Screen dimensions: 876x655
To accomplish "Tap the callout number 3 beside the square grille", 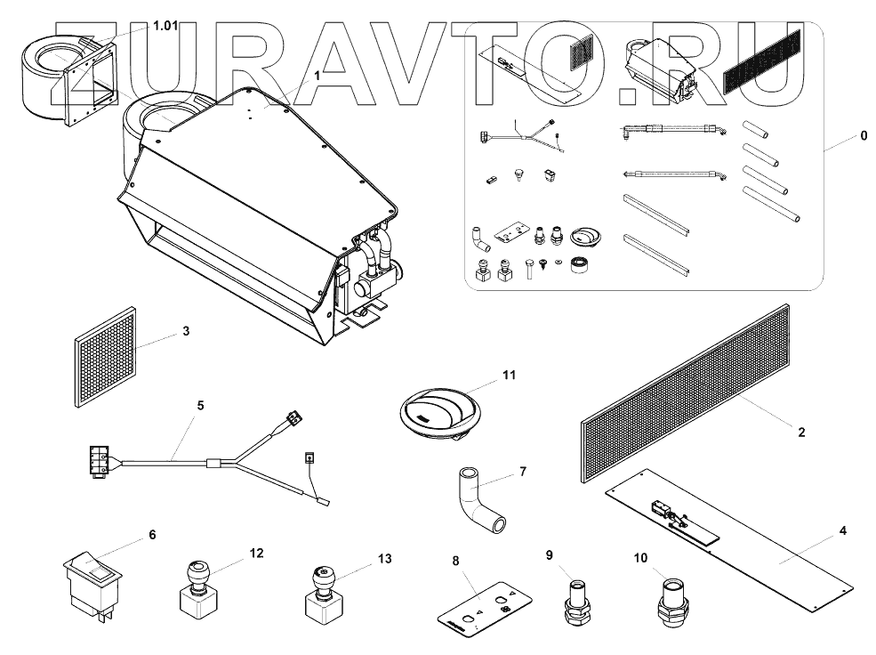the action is point(186,331).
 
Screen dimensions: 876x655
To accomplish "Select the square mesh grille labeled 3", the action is point(106,357).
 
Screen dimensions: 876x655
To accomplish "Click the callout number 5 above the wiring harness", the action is point(201,406).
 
